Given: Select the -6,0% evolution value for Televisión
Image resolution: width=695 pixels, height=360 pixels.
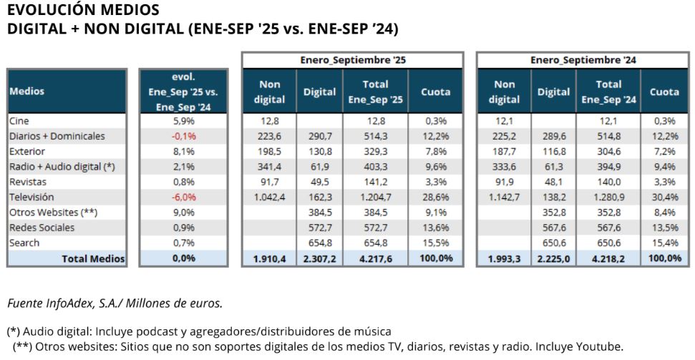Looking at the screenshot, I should (x=183, y=195).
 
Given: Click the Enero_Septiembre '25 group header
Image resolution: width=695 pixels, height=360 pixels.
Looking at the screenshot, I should (x=352, y=60).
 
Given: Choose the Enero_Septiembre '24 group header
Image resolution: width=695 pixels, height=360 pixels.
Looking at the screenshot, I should (x=583, y=60).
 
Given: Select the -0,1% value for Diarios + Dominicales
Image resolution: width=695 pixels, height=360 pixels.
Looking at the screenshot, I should (x=183, y=136).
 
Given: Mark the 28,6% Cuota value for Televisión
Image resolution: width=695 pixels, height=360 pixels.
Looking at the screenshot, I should (x=435, y=195).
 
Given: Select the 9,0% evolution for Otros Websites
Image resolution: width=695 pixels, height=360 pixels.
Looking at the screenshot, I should (x=183, y=212).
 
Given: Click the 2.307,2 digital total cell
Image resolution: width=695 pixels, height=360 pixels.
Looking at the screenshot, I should (x=319, y=259).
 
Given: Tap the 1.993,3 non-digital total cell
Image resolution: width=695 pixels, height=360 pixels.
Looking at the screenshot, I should (x=505, y=259).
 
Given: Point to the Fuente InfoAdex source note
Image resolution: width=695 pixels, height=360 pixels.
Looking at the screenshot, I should (x=115, y=303).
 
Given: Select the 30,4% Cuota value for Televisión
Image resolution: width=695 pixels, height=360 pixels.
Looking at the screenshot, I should (x=664, y=195).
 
